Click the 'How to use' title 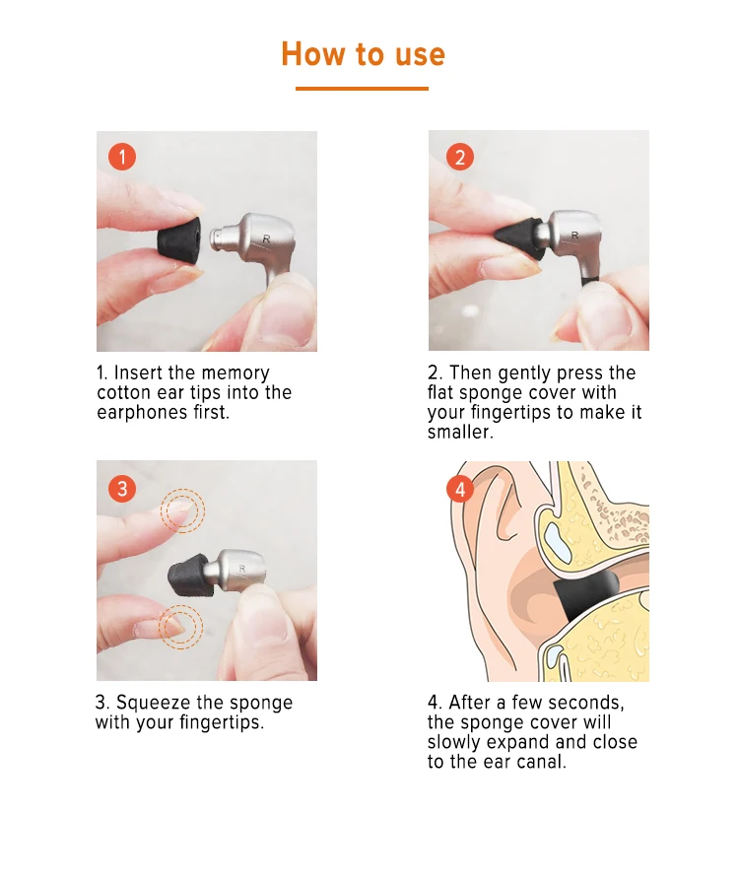(x=363, y=54)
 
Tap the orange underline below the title (x=362, y=89)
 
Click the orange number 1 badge (x=122, y=157)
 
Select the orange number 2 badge (x=460, y=157)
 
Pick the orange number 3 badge (x=122, y=488)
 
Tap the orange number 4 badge (x=460, y=490)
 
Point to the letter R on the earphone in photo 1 (x=266, y=239)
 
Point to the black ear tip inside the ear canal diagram (x=585, y=596)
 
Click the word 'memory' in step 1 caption (x=235, y=373)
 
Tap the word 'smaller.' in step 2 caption (x=460, y=432)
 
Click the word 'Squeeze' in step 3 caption (x=153, y=703)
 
